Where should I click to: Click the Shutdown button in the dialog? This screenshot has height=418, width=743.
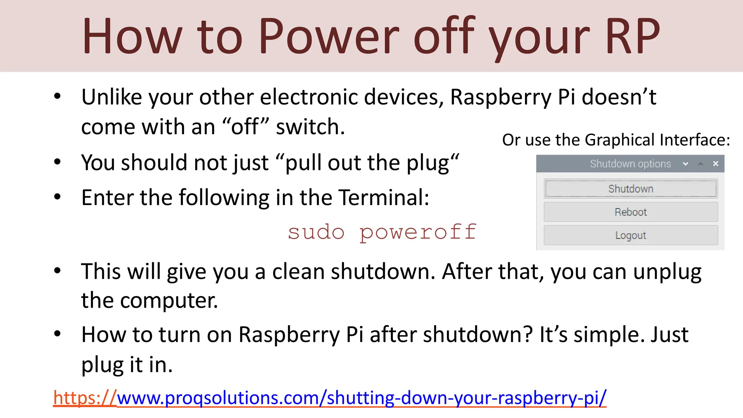coord(631,189)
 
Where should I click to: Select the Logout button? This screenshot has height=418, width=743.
coord(631,235)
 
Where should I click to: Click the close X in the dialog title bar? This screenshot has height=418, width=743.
coord(715,164)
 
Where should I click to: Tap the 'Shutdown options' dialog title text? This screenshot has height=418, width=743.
coord(630,164)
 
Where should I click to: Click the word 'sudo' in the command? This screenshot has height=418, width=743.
coord(316,232)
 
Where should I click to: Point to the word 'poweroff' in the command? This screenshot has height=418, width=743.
coord(418,232)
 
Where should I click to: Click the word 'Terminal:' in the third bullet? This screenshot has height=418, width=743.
coord(384,197)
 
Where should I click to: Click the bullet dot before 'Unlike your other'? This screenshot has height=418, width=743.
coord(57,97)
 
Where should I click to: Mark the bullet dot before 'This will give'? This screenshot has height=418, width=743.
coord(57,271)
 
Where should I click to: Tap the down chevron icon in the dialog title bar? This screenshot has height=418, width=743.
coord(685,164)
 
